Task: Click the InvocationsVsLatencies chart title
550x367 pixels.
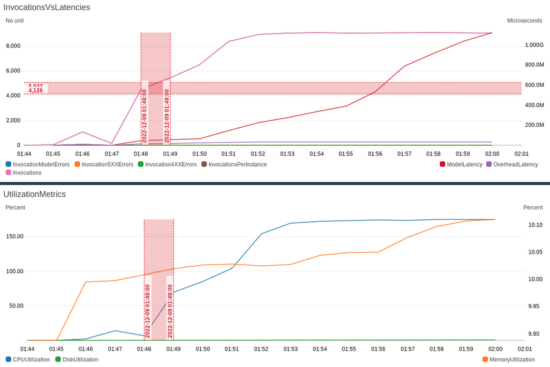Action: (47, 7)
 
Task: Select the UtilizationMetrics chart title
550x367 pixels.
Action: (34, 194)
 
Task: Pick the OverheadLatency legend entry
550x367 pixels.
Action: (515, 164)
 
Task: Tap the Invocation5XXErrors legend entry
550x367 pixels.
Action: (107, 164)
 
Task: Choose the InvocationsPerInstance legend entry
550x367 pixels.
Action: (238, 164)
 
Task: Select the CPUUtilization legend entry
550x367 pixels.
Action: (31, 360)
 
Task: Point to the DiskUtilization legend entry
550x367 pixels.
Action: (80, 360)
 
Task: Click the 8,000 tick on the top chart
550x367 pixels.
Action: (13, 46)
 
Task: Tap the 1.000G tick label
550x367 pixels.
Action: (534, 45)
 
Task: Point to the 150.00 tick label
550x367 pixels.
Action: (15, 236)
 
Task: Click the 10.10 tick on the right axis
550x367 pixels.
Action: (535, 225)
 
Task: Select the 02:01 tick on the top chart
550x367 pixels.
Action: (521, 154)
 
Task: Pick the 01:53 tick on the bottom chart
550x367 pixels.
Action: (290, 349)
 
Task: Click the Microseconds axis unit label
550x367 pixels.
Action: (524, 20)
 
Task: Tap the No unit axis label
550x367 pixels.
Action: (16, 20)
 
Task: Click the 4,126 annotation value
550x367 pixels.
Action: (36, 91)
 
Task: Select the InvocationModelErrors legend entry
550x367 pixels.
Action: (41, 164)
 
